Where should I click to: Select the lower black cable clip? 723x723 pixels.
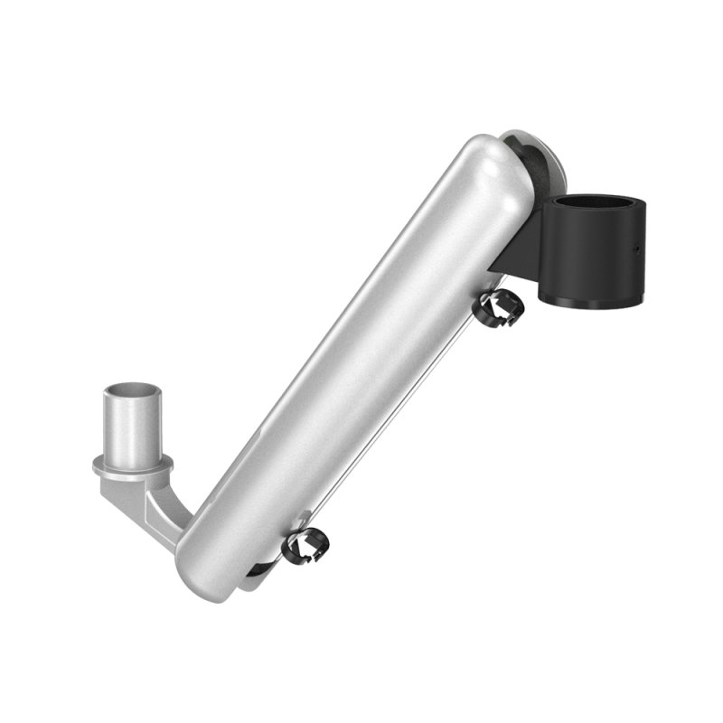[x=305, y=546]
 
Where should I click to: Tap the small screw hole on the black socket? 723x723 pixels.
[x=635, y=245]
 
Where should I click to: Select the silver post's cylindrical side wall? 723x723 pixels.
[x=132, y=429]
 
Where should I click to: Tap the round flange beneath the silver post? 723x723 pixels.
[x=132, y=466]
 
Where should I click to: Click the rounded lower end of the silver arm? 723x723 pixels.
[x=203, y=560]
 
